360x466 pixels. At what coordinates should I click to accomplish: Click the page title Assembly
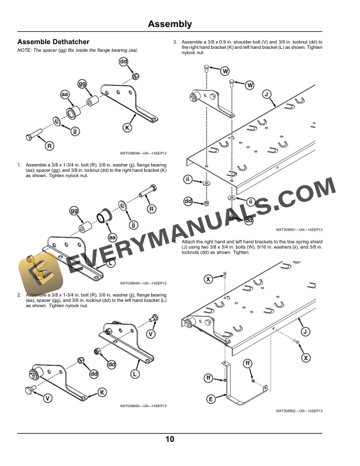click(x=169, y=24)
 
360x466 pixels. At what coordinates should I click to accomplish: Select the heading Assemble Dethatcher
click(x=54, y=42)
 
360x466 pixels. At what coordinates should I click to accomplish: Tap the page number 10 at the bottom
click(x=169, y=439)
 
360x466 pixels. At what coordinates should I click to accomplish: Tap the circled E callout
click(x=211, y=400)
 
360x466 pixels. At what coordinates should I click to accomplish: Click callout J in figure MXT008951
click(x=266, y=94)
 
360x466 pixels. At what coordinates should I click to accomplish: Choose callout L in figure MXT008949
click(x=110, y=264)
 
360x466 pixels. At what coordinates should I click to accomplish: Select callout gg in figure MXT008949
click(x=75, y=211)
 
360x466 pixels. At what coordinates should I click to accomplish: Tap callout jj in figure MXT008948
click(x=75, y=131)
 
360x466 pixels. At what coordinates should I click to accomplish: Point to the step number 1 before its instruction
click(x=19, y=165)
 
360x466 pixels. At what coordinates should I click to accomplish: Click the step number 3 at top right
click(x=174, y=42)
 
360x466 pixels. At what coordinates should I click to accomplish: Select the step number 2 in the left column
click(x=19, y=294)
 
